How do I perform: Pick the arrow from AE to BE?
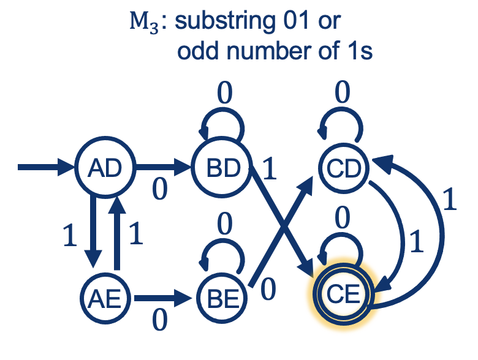coord(162,299)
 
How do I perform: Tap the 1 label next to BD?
coord(268,168)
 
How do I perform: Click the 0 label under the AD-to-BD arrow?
coord(160,190)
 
